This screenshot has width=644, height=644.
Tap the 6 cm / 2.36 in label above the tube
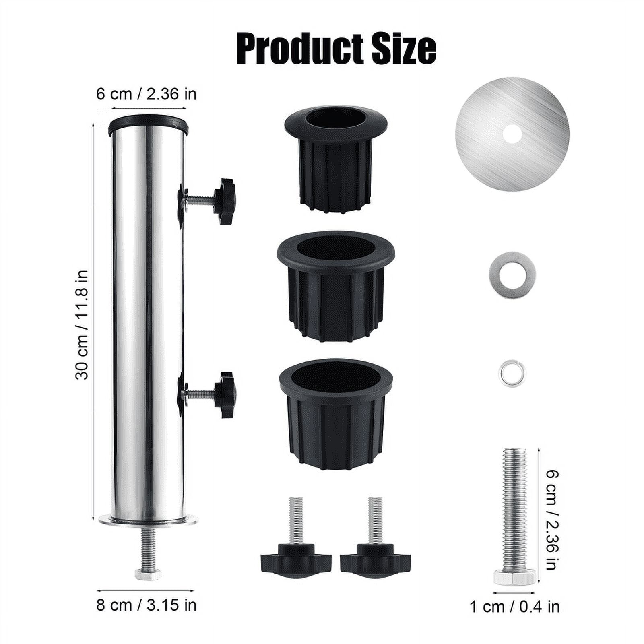(146, 94)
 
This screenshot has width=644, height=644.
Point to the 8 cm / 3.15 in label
(146, 605)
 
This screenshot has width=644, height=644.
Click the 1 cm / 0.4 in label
(515, 607)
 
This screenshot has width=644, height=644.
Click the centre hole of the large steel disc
(512, 134)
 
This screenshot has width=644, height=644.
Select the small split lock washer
(512, 373)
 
